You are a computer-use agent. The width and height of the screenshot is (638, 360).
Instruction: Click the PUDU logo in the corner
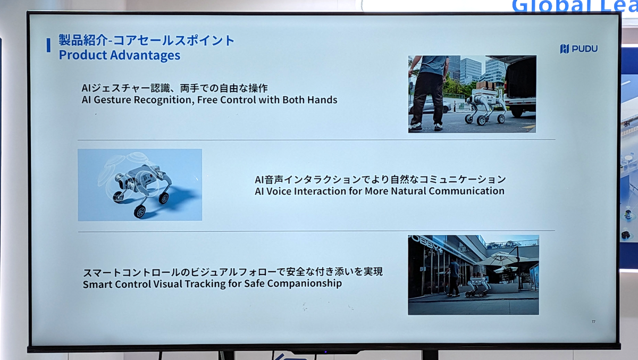coord(579,49)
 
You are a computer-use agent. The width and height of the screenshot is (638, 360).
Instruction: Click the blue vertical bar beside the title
coord(48,45)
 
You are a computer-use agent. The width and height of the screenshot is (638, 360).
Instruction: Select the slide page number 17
coord(593,322)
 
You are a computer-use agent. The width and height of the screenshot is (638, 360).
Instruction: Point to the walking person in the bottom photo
coord(453,277)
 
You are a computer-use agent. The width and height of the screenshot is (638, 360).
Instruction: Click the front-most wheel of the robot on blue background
coord(139,211)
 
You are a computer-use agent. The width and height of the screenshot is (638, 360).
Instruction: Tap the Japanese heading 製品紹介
coord(82,40)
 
